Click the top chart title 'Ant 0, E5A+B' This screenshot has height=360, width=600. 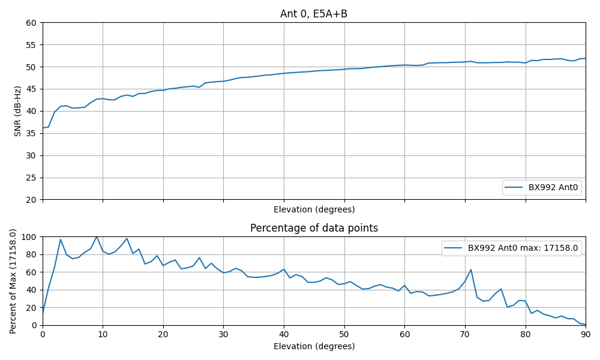coord(314,14)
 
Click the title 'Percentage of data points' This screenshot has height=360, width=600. coord(314,228)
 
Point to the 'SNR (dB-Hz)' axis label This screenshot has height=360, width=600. coord(17,111)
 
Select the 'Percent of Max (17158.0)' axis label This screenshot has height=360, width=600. coord(13,281)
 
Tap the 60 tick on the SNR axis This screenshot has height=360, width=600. coord(31,23)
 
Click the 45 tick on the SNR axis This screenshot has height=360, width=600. coord(31,89)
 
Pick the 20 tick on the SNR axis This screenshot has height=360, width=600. coord(31,200)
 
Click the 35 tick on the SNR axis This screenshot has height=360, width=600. coord(31,133)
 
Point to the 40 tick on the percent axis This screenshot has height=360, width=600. coord(31,290)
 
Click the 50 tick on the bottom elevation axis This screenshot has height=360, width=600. coord(344,334)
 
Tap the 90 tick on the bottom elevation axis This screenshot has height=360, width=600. coord(586,334)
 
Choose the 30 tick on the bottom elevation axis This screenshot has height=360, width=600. coord(223,334)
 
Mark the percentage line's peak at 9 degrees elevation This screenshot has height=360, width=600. coord(97,236)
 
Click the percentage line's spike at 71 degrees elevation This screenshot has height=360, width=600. coord(471,269)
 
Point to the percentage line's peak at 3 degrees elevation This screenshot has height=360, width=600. coord(61,239)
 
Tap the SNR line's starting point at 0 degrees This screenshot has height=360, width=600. coord(43,128)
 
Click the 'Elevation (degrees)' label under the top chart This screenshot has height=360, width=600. coord(314,209)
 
